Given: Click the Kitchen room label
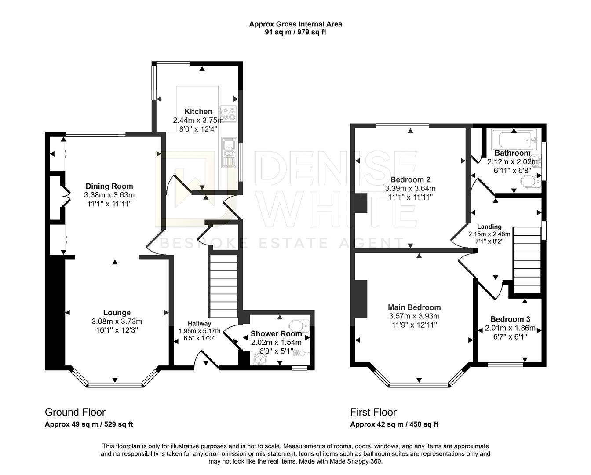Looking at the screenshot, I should click(x=198, y=112).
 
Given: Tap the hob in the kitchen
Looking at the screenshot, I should click(x=228, y=114).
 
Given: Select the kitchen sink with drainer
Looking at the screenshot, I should click(x=229, y=152).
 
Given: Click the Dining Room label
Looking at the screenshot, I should click(x=109, y=186).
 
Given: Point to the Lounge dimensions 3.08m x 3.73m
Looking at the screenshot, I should click(x=117, y=322).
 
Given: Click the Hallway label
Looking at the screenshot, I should click(x=199, y=323).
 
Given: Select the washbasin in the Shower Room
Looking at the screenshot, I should click(x=261, y=360).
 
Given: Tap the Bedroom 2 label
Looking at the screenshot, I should click(x=410, y=179).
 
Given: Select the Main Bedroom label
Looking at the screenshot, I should click(x=414, y=307).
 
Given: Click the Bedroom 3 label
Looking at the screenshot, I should click(x=510, y=319).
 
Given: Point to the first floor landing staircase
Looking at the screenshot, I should click(x=527, y=259).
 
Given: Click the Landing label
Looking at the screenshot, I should click(x=489, y=227).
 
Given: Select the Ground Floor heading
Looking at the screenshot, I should click(x=75, y=412).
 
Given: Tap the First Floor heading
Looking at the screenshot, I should click(x=373, y=412).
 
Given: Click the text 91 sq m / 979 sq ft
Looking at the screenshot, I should click(x=295, y=32).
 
